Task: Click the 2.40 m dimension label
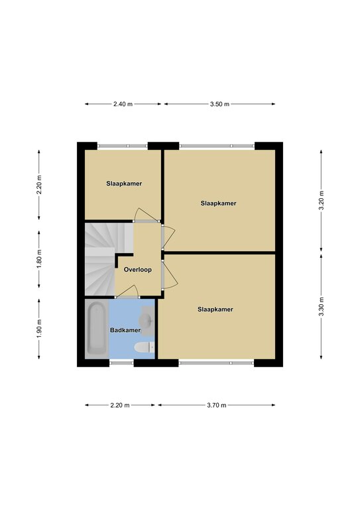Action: (x=123, y=104)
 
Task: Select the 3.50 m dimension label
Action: (x=219, y=104)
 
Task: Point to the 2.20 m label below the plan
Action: (x=120, y=405)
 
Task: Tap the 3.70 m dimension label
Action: (x=217, y=405)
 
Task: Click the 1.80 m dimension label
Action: (x=39, y=258)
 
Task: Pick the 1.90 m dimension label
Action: (x=39, y=328)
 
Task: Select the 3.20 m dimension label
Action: (x=321, y=200)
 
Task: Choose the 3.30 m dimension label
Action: (x=321, y=306)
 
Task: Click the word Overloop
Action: (x=138, y=270)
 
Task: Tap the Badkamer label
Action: (x=125, y=331)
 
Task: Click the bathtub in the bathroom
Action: (x=97, y=329)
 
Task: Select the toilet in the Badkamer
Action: (x=144, y=347)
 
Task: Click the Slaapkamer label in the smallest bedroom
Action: (x=124, y=184)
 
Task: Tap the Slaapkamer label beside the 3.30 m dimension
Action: (x=215, y=310)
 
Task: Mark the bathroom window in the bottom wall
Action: (x=121, y=363)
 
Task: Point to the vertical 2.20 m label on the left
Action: (x=39, y=185)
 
